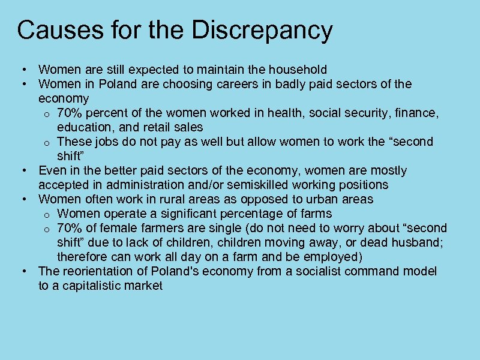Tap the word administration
coord(125,185)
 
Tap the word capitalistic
coord(91,286)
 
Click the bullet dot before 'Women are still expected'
coord(22,70)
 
